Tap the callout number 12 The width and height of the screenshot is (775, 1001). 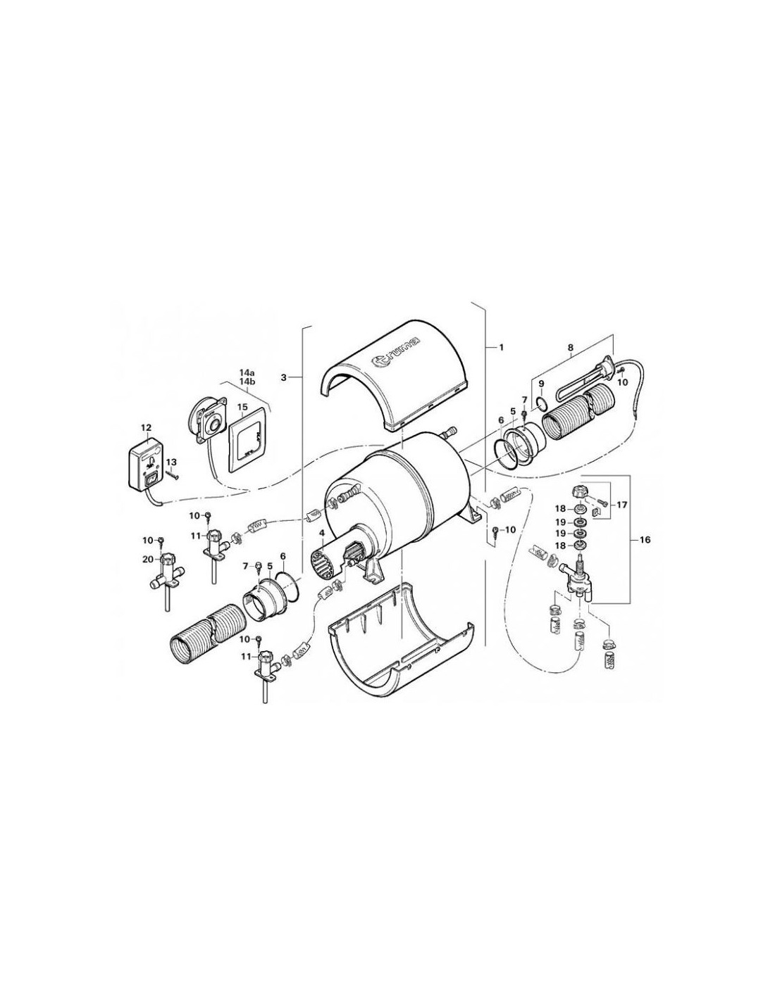(146, 428)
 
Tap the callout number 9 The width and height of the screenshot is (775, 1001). (541, 383)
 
